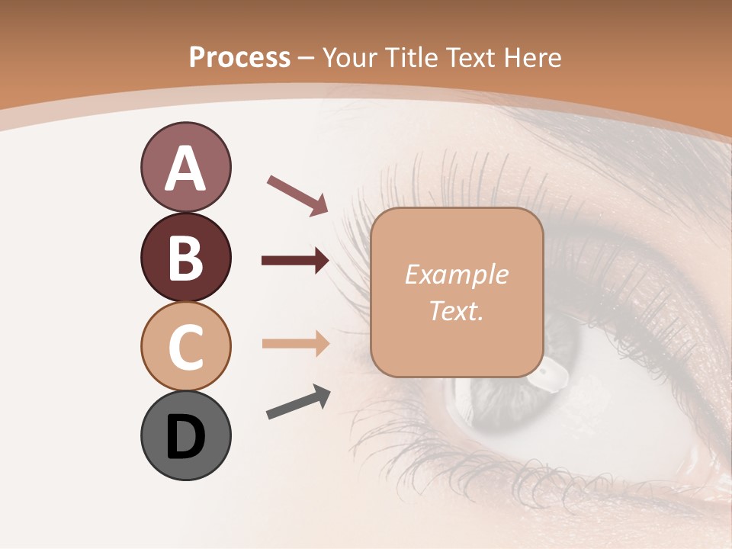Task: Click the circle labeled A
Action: tap(185, 167)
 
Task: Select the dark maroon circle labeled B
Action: tap(185, 257)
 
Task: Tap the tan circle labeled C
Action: tap(185, 346)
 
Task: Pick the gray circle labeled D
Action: tap(185, 436)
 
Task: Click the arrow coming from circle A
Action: tap(297, 194)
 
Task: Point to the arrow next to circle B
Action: tap(295, 261)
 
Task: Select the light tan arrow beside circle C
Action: tap(295, 344)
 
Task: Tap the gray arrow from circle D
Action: tap(297, 402)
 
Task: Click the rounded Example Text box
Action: tap(457, 292)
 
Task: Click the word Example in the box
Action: tap(457, 274)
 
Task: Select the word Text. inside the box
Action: tap(457, 310)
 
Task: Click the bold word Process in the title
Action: tap(239, 57)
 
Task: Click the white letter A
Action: tap(186, 169)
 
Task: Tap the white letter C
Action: tap(186, 348)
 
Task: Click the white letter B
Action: tap(186, 258)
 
